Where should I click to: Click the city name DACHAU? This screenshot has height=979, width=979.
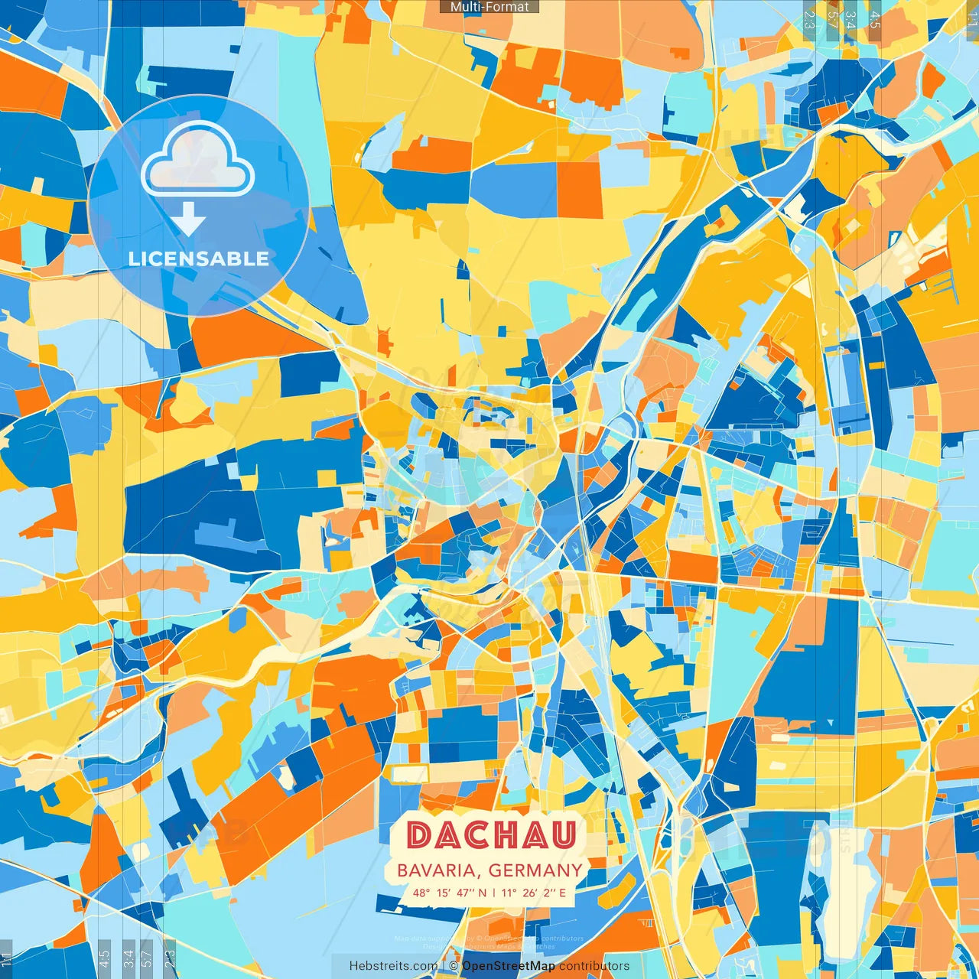490,835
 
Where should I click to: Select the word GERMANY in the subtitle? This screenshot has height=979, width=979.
535,870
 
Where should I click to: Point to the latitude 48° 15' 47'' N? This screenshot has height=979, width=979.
450,893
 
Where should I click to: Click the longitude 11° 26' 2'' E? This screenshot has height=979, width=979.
534,893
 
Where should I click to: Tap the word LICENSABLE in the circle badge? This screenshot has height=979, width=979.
199,259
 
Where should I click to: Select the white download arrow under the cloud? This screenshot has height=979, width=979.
188,219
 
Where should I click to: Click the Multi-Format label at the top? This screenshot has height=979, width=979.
489,7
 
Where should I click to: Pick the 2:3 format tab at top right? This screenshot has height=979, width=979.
809,20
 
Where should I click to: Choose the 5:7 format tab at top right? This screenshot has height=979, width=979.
831,20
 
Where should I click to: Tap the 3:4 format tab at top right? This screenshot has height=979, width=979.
851,20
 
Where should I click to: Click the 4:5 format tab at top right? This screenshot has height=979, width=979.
875,20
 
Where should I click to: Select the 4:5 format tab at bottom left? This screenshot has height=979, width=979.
105,957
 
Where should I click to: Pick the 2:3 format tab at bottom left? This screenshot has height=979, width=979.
170,957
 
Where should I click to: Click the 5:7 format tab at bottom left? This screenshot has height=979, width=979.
147,957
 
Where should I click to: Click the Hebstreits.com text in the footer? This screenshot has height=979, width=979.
393,966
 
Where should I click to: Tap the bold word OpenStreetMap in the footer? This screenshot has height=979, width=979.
509,966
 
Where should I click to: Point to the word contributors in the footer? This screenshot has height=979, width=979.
594,966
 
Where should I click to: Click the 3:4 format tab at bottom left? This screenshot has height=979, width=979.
128,957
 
